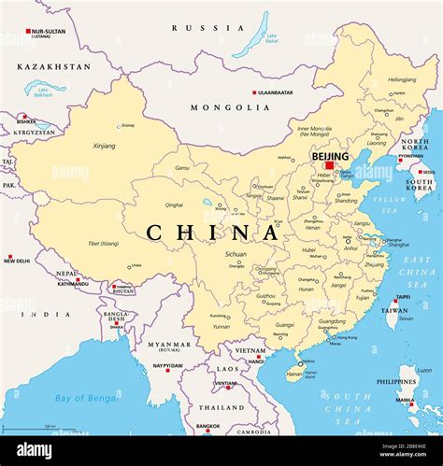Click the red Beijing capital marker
point(330,166)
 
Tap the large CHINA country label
point(211,233)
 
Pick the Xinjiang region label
point(105,147)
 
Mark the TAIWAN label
point(396,311)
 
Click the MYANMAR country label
point(169,345)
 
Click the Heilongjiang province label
point(402,79)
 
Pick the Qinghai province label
point(174,205)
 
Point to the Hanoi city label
point(255,360)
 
